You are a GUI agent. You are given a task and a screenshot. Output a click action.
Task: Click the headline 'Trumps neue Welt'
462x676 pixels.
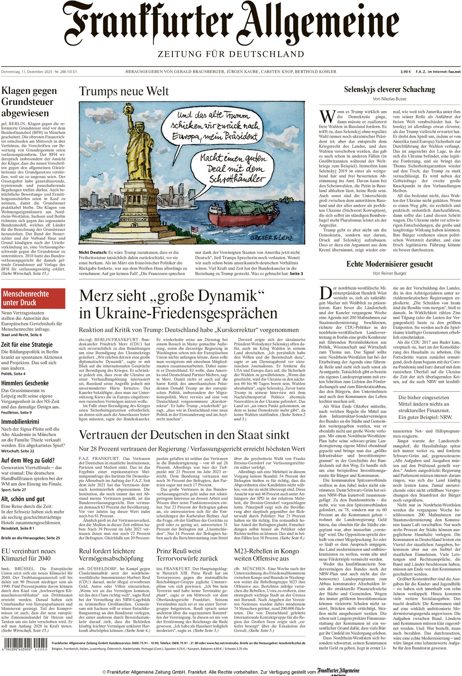pos(124,92)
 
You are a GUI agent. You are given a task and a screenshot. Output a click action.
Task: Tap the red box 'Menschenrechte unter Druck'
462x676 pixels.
pos(33,298)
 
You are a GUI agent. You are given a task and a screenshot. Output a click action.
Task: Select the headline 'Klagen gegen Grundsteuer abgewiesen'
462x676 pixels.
pos(29,102)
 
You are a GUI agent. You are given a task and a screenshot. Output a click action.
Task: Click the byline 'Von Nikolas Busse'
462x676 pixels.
pos(389,99)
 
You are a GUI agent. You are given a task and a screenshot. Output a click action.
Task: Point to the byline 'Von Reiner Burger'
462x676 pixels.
pos(389,273)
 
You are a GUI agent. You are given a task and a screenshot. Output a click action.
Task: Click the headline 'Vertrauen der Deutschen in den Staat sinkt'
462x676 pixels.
pos(184,435)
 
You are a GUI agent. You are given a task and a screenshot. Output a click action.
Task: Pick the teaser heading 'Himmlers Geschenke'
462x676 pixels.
pos(25,383)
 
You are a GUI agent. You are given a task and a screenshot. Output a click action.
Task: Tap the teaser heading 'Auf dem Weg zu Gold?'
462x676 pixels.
pos(28,460)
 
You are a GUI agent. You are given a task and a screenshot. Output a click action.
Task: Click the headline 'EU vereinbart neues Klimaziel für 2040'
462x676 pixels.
pos(28,554)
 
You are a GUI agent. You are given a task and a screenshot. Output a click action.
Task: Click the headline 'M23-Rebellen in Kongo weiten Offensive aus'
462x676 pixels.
pos(267,554)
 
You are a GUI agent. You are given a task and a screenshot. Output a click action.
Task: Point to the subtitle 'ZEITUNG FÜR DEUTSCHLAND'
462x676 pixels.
pos(231,54)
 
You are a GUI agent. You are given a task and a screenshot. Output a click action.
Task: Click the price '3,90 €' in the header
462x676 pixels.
pos(405,72)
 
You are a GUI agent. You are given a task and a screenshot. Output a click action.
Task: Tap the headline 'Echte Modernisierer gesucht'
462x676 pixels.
pos(389,264)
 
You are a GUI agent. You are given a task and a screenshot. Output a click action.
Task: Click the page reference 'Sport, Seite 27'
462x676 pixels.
pos(13,490)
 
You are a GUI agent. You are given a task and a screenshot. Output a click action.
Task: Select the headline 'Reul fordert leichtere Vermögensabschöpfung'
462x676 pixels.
pos(111,554)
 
